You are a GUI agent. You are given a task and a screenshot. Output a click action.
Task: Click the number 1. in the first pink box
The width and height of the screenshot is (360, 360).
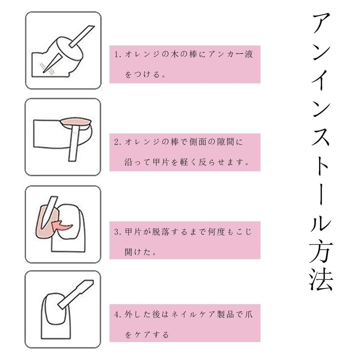coord(118,55)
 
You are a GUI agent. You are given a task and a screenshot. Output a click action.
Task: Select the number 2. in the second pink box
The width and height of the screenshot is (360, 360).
coord(118,142)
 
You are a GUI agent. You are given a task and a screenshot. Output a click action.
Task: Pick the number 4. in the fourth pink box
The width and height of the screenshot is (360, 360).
coord(118,314)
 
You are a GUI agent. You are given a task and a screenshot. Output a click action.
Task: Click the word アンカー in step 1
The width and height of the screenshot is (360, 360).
coord(226,54)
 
